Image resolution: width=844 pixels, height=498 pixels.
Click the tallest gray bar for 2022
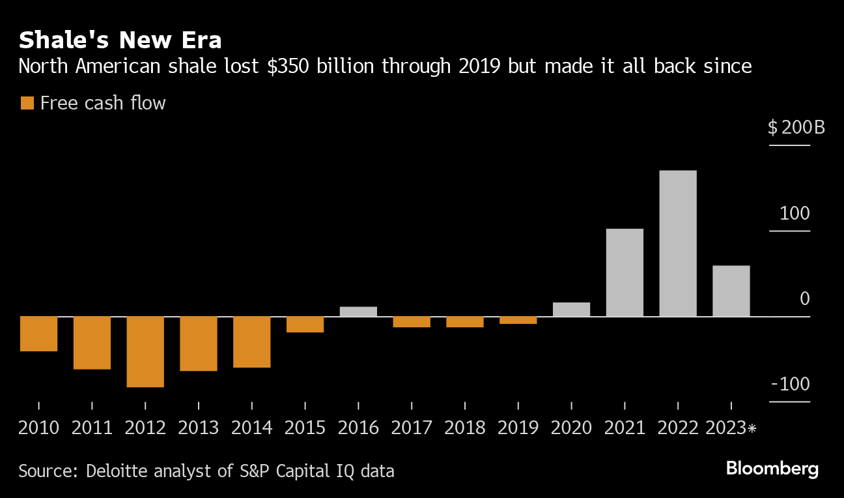[x=678, y=243]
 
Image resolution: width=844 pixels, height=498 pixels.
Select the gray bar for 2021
[x=625, y=272]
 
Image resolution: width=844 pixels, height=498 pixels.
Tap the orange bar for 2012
[x=145, y=352]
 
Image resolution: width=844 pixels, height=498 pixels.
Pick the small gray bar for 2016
[x=358, y=312]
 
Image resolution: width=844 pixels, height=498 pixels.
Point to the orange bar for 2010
[x=38, y=334]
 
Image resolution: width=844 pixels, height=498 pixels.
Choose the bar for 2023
[x=731, y=291]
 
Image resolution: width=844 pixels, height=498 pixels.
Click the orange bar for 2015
[x=305, y=325]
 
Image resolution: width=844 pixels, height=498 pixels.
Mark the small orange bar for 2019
[x=518, y=320]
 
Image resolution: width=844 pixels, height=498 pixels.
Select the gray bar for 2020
[x=571, y=310]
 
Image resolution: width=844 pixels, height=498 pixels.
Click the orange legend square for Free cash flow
[x=27, y=103]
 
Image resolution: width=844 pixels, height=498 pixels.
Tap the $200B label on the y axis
[x=796, y=127]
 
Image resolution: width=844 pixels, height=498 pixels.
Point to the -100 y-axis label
[x=791, y=384]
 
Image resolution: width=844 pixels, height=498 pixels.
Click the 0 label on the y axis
[x=804, y=299]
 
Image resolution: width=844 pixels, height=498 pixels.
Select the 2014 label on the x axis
[x=252, y=428]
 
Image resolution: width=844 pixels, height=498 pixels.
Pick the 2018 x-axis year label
[x=465, y=428]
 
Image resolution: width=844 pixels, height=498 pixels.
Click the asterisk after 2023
[x=752, y=428]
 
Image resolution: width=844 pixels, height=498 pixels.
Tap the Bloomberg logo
[x=772, y=469]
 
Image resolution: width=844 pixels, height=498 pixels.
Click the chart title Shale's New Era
[x=120, y=40]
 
